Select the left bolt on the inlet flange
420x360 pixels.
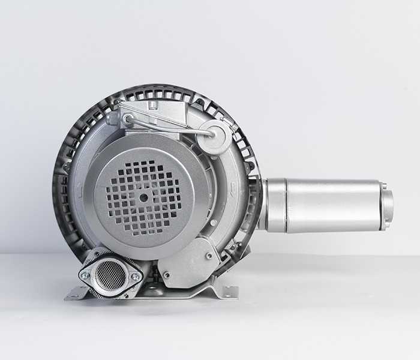pyautogui.click(x=86, y=276)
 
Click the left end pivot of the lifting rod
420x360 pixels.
pyautogui.click(x=128, y=119)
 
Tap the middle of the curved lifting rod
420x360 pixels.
pyautogui.click(x=171, y=124)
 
